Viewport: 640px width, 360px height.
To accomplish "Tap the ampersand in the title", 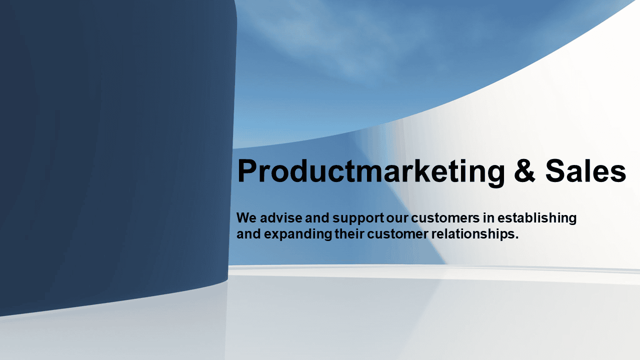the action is [x=524, y=170].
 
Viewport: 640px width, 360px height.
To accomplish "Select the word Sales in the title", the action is [x=585, y=170].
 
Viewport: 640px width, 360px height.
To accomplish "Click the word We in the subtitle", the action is [x=246, y=218].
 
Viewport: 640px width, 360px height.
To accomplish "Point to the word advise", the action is [x=281, y=218].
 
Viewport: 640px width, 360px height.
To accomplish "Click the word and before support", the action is [x=317, y=218].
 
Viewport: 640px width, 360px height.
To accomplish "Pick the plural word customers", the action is [x=445, y=218].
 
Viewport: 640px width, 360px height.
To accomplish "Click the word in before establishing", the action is [x=488, y=218].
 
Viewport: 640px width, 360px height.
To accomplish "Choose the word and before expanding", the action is [x=248, y=234].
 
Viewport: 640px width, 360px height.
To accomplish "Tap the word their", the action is [x=349, y=234].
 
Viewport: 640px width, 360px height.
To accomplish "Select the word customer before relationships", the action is [x=397, y=234].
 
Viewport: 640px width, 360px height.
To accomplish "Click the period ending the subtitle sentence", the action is [x=516, y=238].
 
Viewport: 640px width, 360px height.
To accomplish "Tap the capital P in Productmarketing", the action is [x=247, y=170].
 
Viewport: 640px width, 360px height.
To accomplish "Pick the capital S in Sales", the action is [x=555, y=170].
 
